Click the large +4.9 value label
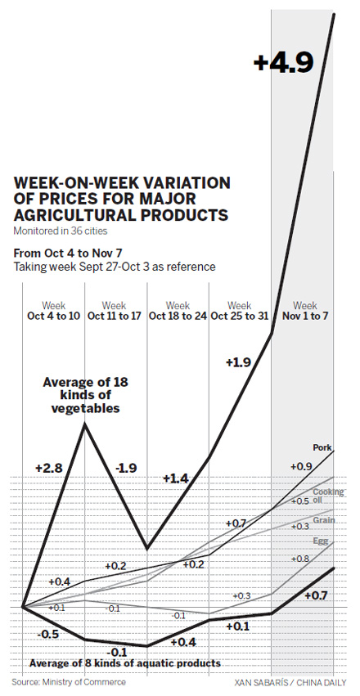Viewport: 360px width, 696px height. (x=283, y=64)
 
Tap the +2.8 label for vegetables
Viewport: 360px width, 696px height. (x=50, y=467)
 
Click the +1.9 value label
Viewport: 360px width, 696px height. (x=239, y=361)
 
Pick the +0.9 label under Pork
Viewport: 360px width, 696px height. (x=300, y=466)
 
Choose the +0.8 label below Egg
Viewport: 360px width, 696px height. (x=300, y=559)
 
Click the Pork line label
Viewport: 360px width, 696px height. (x=322, y=447)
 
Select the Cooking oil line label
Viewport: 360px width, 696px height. (x=328, y=496)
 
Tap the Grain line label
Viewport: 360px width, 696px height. (x=324, y=520)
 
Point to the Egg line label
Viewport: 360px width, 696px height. (x=321, y=541)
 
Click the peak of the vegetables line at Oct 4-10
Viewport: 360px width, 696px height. (x=84, y=423)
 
